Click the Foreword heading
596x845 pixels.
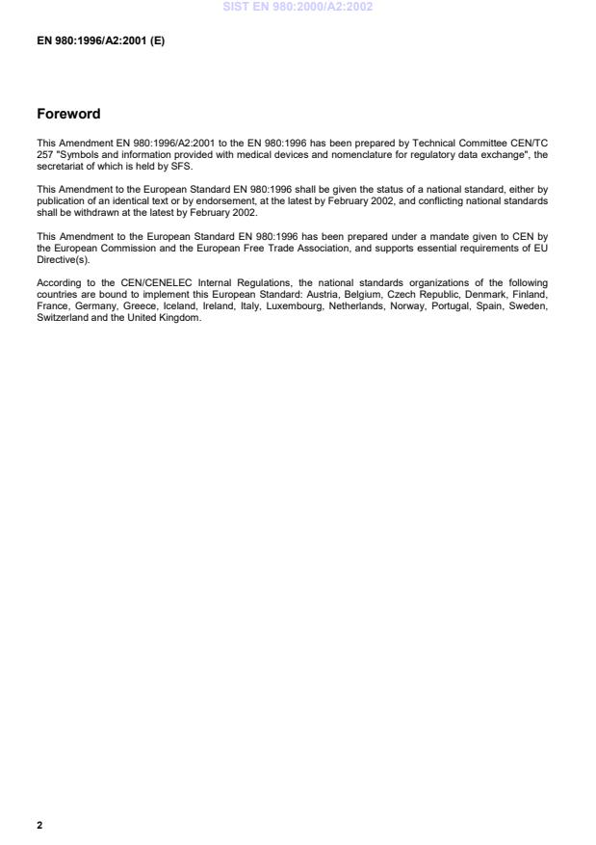click(x=68, y=114)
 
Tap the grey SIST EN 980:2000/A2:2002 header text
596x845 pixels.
click(x=298, y=7)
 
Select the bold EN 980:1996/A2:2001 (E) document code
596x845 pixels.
click(x=100, y=41)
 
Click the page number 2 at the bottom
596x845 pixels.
click(x=39, y=826)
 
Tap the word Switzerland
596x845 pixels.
click(x=61, y=318)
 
